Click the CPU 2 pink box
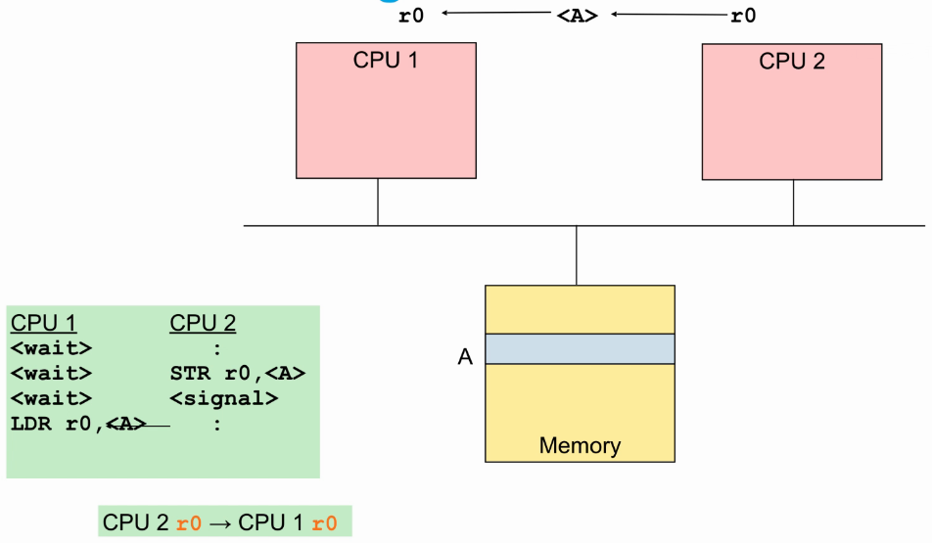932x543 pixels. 792,111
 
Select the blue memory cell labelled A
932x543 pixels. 580,349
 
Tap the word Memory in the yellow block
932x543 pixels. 580,446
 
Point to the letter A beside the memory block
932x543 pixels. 465,357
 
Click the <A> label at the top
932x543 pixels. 577,16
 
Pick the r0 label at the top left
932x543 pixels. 412,16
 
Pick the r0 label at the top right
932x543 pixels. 743,16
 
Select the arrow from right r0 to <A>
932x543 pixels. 668,15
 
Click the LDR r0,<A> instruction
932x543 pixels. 78,424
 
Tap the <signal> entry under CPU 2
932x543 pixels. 224,398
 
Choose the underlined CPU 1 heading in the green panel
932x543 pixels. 43,324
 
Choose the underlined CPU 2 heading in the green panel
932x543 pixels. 203,324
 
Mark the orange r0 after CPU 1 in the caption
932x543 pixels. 324,523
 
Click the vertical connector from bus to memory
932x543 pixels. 577,255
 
